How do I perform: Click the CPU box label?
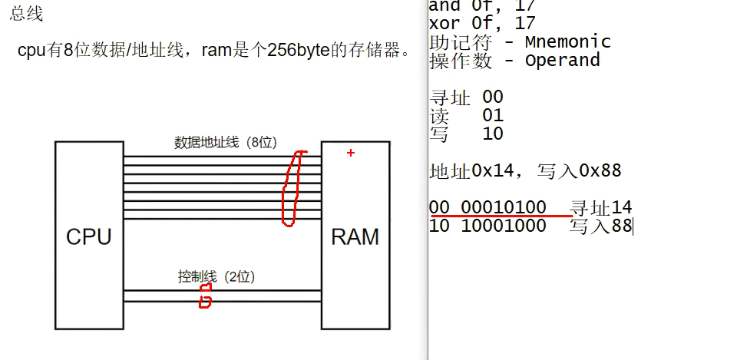point(88,236)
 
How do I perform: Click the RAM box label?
point(355,236)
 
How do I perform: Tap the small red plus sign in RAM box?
point(351,153)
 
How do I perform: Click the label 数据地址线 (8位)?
point(225,142)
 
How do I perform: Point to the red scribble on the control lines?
point(204,296)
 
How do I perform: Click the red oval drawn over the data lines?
point(291,188)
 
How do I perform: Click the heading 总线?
point(27,14)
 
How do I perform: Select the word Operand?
point(563,61)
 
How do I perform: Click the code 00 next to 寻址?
point(493,97)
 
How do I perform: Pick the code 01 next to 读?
point(493,115)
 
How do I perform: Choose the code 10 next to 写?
point(493,134)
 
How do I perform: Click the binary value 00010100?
point(503,207)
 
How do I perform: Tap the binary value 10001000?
point(503,226)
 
